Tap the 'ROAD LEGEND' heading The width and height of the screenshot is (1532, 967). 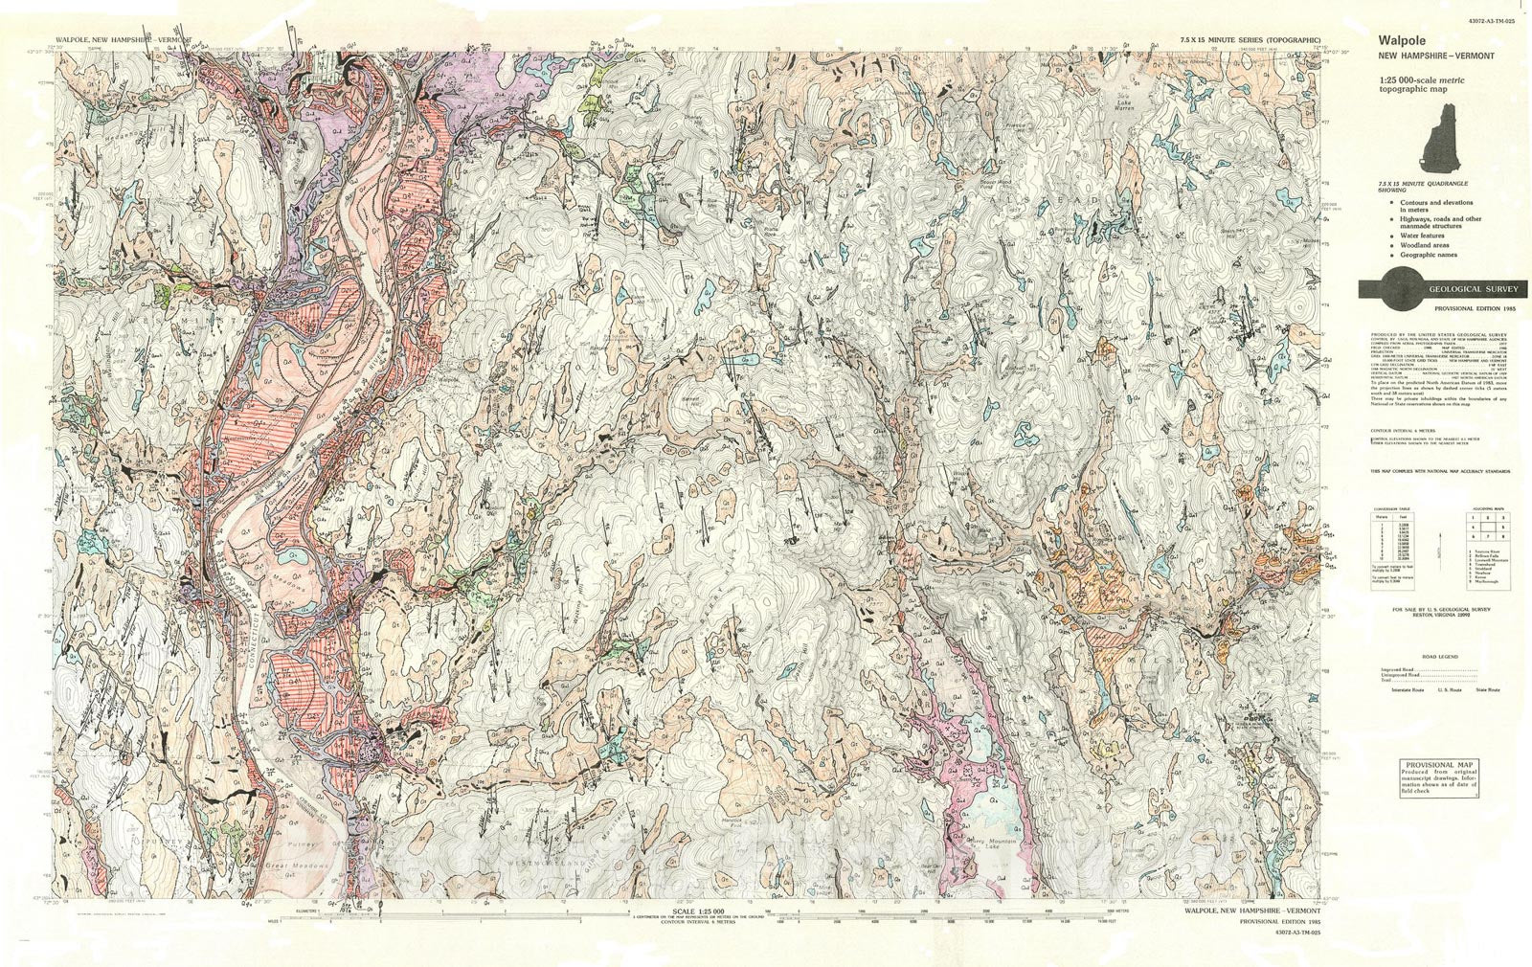(x=1440, y=657)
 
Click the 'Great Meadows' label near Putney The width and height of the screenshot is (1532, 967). (x=297, y=866)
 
